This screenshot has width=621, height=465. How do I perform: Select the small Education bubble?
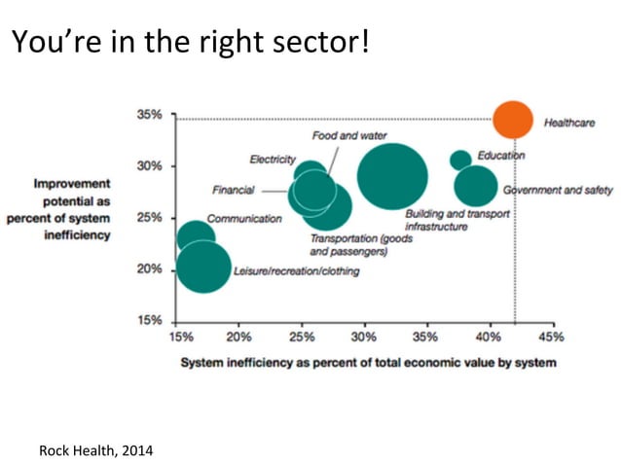tap(461, 160)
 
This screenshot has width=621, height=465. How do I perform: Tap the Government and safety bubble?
tap(475, 187)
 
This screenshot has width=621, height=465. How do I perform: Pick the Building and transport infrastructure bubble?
tap(392, 177)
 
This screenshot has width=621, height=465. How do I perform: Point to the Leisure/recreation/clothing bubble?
tap(203, 267)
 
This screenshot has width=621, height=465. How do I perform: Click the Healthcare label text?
tap(569, 124)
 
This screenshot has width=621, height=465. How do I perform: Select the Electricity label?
tap(273, 159)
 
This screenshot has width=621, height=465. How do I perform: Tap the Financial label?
tap(233, 190)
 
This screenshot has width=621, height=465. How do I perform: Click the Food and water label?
tap(349, 135)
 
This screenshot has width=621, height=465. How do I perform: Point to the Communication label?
tap(243, 219)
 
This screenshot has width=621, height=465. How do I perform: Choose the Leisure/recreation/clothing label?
tap(296, 271)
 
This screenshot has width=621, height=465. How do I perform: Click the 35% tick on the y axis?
tap(149, 115)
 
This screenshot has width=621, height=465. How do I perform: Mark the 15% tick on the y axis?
tap(149, 320)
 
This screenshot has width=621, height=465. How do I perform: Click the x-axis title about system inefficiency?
tap(368, 363)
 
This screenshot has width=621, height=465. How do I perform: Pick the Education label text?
tap(501, 156)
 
